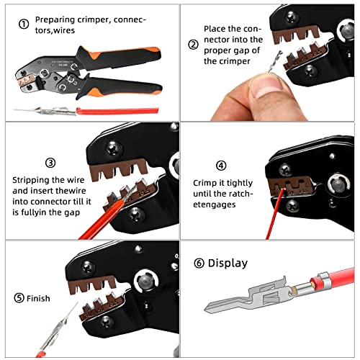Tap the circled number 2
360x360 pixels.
[193, 44]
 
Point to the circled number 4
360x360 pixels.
[220, 164]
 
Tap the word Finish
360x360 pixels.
[40, 297]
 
